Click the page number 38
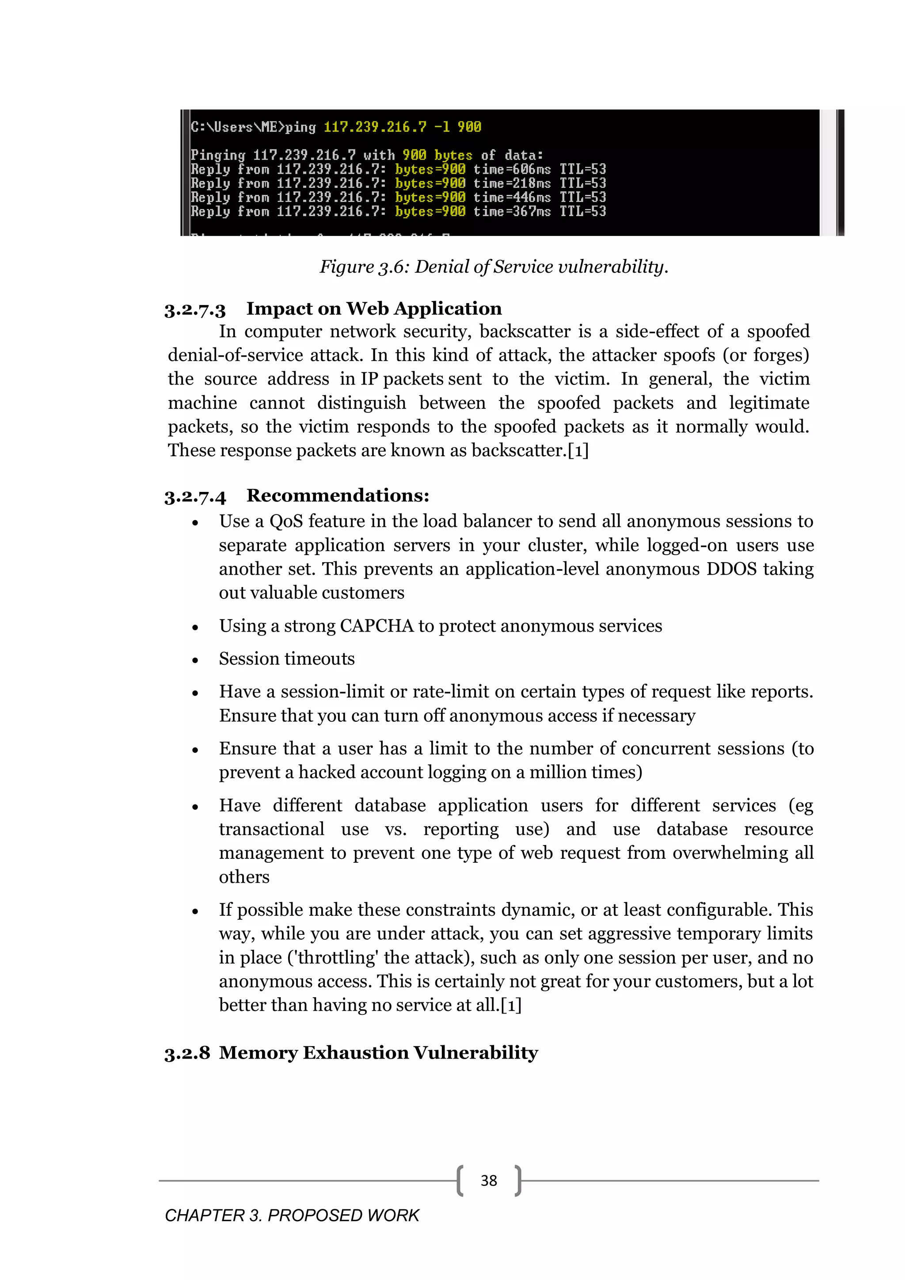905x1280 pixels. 488,1180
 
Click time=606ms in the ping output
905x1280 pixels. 512,169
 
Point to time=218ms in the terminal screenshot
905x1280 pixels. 512,183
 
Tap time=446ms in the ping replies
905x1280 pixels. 512,197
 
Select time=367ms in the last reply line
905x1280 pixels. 512,211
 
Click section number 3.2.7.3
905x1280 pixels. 195,309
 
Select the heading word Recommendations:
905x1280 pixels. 338,495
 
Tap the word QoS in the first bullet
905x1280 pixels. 286,521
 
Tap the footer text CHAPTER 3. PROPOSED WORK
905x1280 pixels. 292,1215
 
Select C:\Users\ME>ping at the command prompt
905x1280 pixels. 253,127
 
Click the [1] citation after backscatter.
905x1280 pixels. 578,450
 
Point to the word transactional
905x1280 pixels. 271,830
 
